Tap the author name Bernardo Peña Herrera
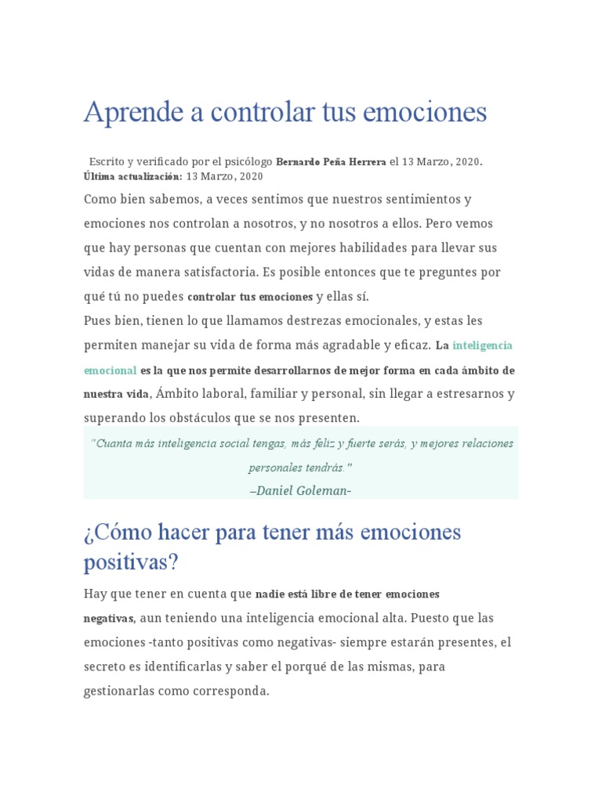pos(331,162)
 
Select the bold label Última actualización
pos(132,176)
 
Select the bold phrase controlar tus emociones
pos(250,297)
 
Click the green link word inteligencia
pos(482,345)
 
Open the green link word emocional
pos(111,370)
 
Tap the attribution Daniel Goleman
pos(300,491)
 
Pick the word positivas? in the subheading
pos(131,562)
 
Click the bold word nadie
pos(270,594)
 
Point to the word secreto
pos(107,667)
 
